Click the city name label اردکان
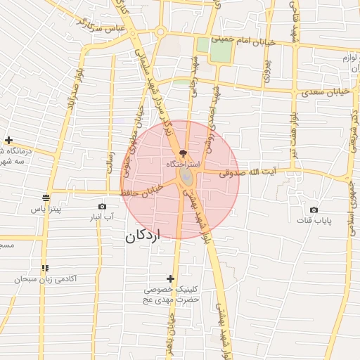tap(143, 236)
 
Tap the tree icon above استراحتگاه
tap(183, 152)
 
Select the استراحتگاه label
tap(183, 163)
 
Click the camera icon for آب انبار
tap(103, 206)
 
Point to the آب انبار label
tap(103, 217)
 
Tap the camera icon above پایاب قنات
tap(314, 210)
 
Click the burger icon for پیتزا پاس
tap(46, 198)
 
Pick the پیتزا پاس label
tap(46, 209)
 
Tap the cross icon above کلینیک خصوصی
tap(170, 278)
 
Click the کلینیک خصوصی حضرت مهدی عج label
tap(173, 295)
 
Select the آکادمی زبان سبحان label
tap(45, 279)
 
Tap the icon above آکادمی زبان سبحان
tap(45, 268)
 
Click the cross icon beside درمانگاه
tap(8, 141)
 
